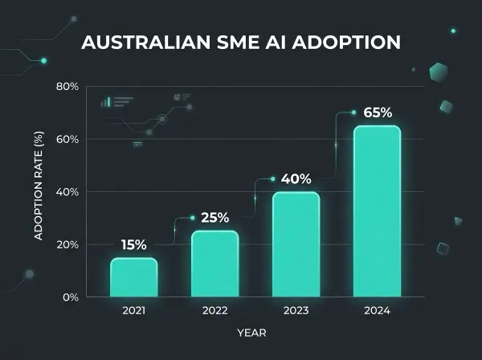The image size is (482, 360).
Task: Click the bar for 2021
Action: point(133,276)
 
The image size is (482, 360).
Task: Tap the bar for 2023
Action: point(296,244)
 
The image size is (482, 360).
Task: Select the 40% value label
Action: point(296,179)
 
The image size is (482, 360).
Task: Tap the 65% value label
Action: point(378,112)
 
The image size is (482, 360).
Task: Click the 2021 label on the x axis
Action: point(133,310)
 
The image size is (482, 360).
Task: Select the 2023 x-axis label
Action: point(296,310)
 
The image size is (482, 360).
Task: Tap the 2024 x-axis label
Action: point(377,310)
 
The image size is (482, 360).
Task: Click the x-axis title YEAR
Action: point(252,332)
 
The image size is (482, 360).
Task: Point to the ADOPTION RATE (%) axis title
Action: point(38,192)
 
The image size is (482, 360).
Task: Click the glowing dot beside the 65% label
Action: point(353,112)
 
